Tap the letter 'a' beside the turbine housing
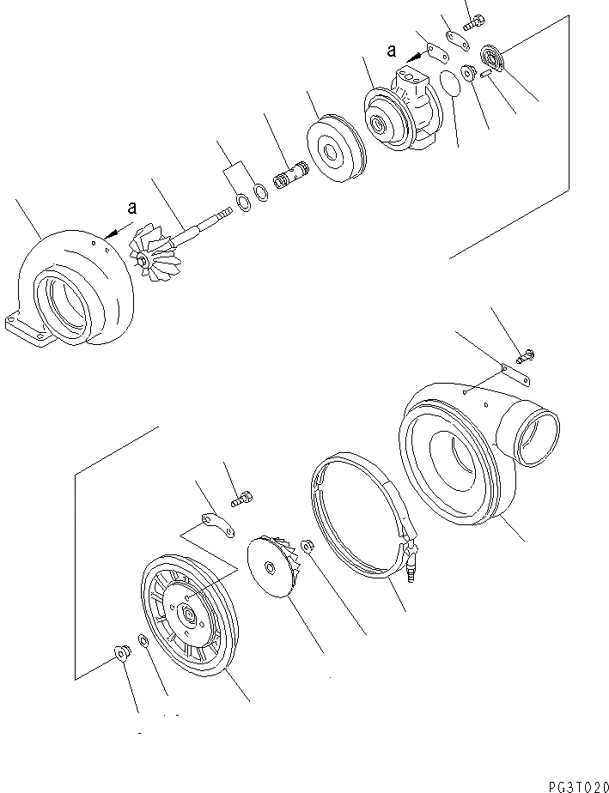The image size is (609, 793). (x=131, y=208)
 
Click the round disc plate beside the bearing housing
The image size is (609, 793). (x=334, y=153)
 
